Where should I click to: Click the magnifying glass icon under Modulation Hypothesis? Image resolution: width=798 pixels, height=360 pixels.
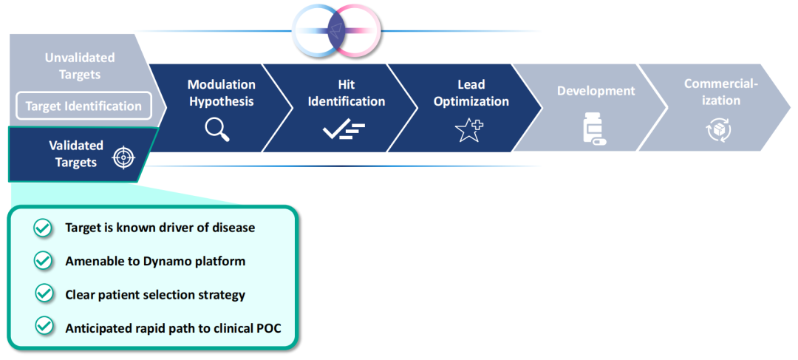click(217, 129)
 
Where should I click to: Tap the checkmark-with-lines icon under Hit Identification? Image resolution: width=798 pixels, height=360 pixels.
click(344, 131)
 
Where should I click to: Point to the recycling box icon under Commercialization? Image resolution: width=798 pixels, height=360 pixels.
click(718, 130)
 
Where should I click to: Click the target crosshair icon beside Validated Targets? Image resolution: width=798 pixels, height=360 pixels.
click(123, 157)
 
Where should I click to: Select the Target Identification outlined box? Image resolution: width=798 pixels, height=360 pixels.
click(83, 106)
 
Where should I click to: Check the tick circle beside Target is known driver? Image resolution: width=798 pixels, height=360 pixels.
click(43, 228)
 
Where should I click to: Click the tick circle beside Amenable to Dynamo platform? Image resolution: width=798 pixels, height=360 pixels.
click(43, 261)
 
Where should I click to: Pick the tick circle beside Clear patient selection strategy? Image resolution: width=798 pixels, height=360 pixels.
click(44, 293)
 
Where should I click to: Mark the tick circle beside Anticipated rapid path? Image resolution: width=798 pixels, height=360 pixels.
click(44, 325)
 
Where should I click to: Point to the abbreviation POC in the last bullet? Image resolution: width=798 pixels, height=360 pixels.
click(267, 328)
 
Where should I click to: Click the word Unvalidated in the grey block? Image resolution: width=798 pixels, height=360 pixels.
click(80, 58)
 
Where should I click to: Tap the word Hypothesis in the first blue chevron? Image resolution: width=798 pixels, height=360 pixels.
click(222, 101)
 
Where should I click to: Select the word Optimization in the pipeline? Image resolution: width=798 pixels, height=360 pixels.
click(471, 101)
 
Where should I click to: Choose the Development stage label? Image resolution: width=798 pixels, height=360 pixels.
click(596, 91)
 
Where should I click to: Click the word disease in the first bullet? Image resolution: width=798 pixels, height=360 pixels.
click(233, 228)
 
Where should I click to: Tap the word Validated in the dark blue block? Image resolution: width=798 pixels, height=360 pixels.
click(76, 146)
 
